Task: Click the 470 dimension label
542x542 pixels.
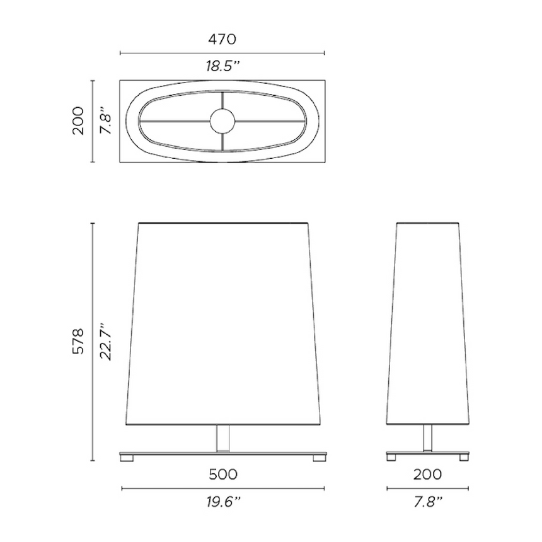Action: coord(222,39)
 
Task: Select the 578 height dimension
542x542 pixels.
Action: coord(78,341)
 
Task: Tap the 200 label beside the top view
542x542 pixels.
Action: coord(78,120)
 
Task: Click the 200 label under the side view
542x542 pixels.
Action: coord(428,474)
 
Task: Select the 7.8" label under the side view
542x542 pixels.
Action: coord(428,502)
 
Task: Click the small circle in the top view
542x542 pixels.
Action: coord(222,120)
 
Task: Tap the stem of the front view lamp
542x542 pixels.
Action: coord(222,438)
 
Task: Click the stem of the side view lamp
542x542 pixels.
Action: coord(428,438)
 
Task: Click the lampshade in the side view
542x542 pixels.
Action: coord(428,321)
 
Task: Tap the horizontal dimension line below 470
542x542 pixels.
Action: coord(222,54)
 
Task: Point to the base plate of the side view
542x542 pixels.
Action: coord(428,453)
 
